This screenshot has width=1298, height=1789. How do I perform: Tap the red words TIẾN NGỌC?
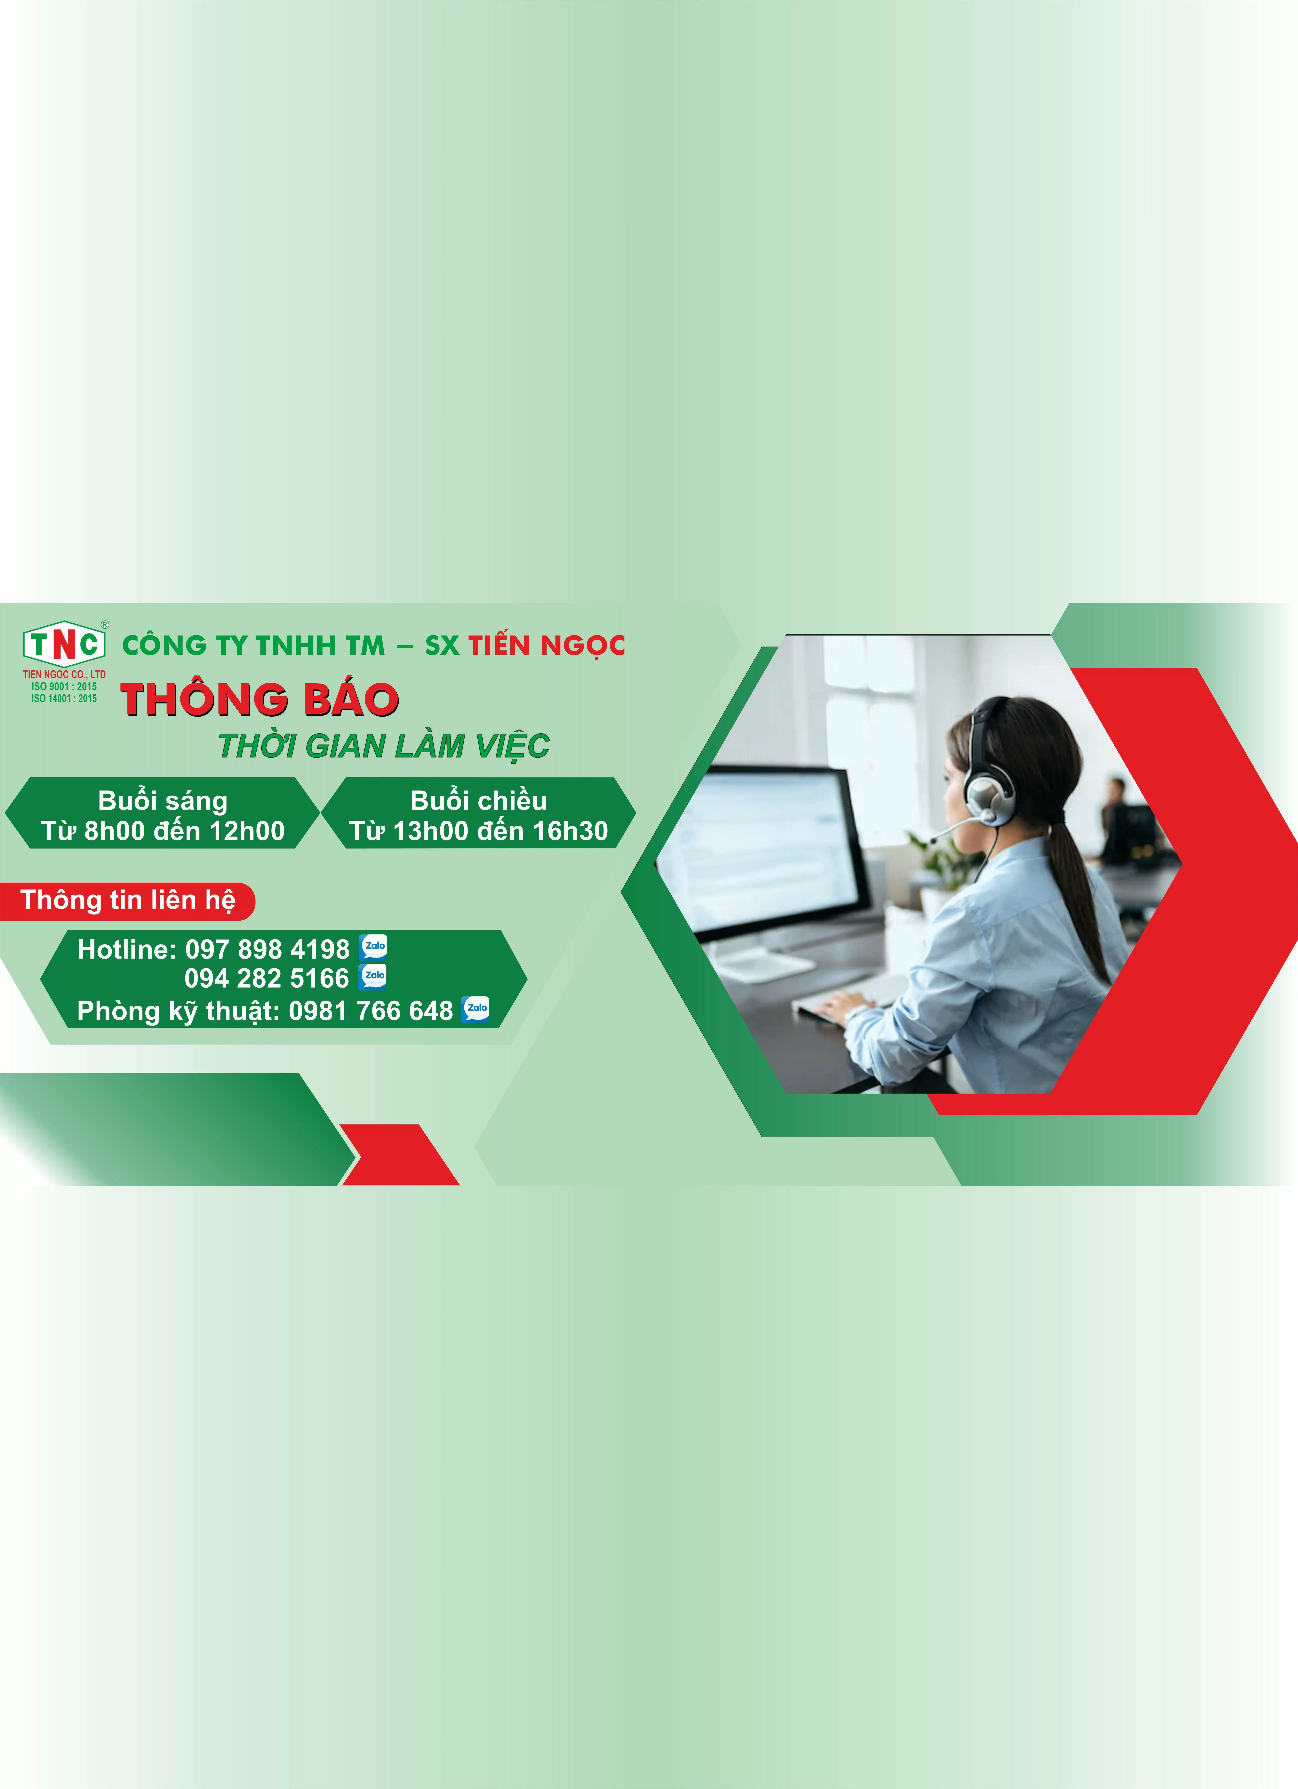tap(547, 645)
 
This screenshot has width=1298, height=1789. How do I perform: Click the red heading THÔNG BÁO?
tap(259, 700)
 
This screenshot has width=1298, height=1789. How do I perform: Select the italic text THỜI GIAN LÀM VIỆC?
tap(384, 745)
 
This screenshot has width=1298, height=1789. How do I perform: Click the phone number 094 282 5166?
tap(266, 978)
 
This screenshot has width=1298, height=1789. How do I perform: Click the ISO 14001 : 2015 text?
tap(64, 698)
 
